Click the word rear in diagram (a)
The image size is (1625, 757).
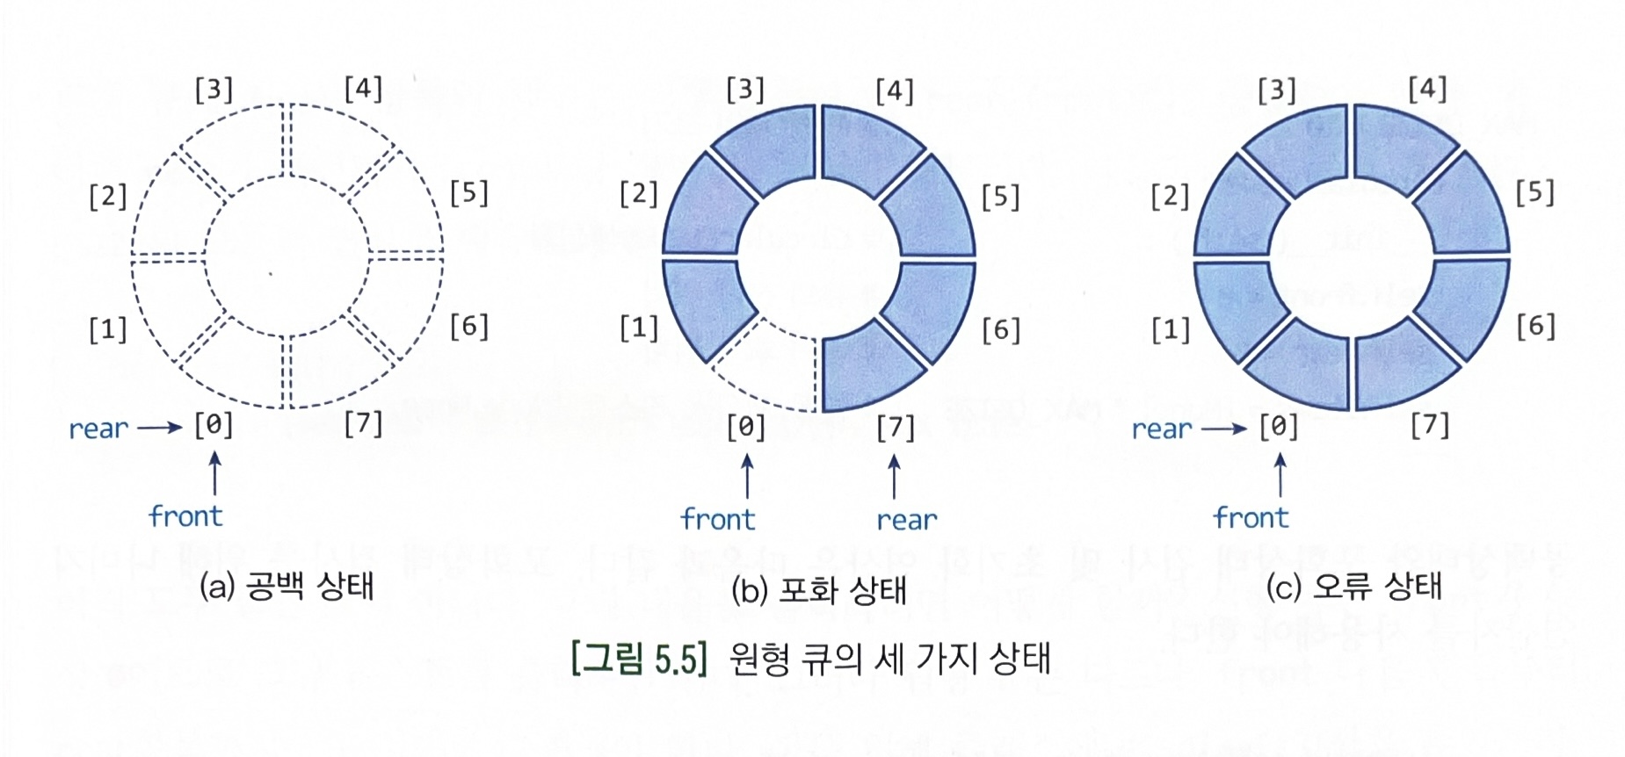(98, 429)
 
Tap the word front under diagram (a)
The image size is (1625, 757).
(185, 516)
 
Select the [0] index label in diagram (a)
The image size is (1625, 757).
(214, 426)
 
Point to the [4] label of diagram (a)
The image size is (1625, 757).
(363, 89)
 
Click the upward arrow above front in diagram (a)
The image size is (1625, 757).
(214, 474)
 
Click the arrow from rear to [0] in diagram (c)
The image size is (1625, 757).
(1224, 429)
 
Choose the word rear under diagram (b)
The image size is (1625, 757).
(907, 520)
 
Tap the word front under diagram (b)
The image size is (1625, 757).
(718, 520)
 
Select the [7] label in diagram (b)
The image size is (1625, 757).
(896, 428)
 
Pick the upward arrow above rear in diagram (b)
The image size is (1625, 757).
(895, 477)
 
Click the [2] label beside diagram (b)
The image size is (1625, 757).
(638, 194)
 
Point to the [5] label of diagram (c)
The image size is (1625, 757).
(1534, 193)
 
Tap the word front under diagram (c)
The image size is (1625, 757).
(1251, 518)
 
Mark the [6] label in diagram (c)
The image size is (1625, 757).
(1535, 327)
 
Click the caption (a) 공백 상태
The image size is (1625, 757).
(287, 587)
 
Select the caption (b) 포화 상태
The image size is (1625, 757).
(818, 590)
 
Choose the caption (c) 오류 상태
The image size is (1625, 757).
(1353, 587)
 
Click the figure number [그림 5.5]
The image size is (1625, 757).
(639, 658)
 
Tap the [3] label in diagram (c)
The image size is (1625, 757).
(1277, 90)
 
